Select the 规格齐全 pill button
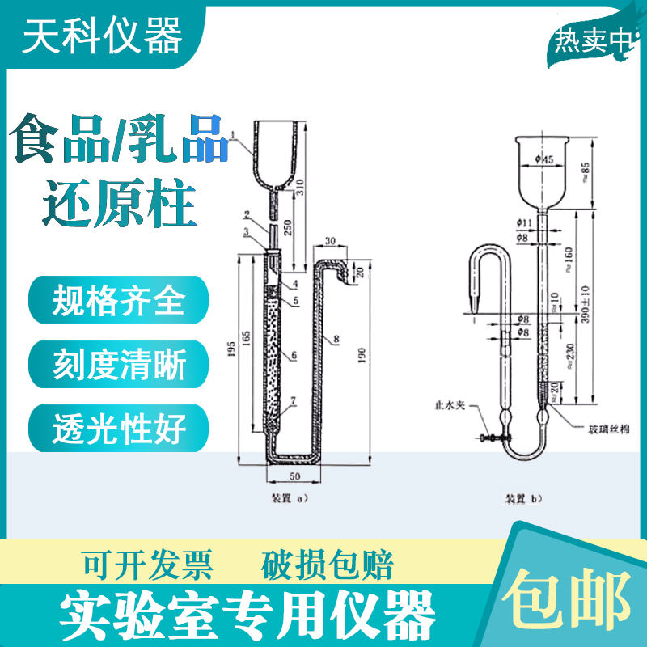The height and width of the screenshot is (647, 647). (x=118, y=302)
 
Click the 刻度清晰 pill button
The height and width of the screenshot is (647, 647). (x=118, y=366)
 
